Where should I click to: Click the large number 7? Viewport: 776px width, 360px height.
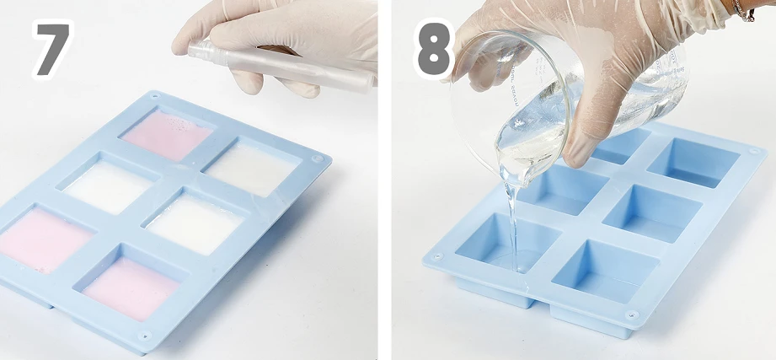(x=52, y=49)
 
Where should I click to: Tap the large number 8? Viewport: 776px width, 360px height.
(x=434, y=49)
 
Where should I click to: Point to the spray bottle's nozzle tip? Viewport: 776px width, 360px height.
(x=190, y=50)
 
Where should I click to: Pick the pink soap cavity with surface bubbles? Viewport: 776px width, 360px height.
(x=168, y=135)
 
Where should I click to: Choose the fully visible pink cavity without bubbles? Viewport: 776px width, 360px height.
(x=130, y=288)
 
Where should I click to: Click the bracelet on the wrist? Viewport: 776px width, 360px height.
(x=742, y=10)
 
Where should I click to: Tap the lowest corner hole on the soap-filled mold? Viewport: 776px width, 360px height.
(x=145, y=336)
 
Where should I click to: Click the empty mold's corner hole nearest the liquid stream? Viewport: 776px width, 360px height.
(x=437, y=256)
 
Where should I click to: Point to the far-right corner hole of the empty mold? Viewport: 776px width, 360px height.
(x=754, y=151)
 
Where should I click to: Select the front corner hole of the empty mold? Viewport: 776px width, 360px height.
(x=631, y=314)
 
